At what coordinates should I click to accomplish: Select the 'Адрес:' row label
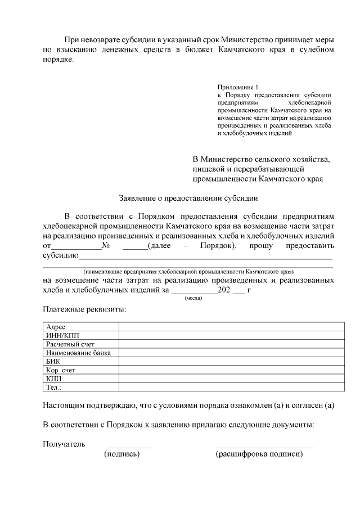point(56,327)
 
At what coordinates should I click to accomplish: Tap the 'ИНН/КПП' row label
point(59,335)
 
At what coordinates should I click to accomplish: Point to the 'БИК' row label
point(53,361)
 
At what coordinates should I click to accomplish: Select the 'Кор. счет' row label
point(61,370)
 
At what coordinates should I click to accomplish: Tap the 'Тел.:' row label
point(53,387)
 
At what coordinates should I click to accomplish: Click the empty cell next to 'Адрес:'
point(231,327)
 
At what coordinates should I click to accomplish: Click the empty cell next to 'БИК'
point(231,361)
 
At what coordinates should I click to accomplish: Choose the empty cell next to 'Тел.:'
point(231,387)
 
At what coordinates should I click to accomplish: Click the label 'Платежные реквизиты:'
point(84,309)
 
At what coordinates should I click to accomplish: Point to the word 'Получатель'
point(64,444)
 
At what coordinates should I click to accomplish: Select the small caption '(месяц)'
point(193,298)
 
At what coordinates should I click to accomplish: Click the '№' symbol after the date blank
point(105,246)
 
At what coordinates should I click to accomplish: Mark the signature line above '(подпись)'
point(130,448)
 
